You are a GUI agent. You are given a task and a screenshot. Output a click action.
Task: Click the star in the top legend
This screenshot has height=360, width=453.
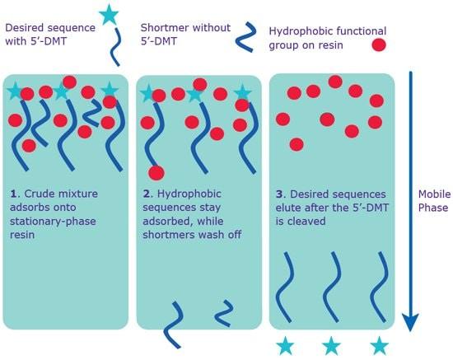pos(108,15)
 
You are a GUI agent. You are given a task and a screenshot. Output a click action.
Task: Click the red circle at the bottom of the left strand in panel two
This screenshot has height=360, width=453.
pos(156,173)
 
